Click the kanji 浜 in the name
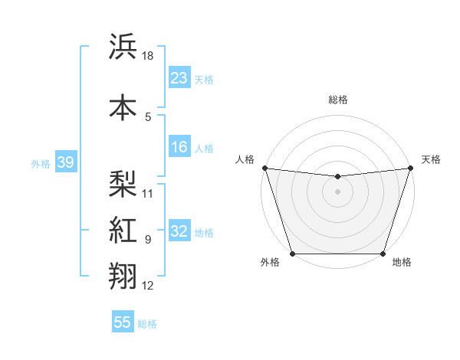(123, 47)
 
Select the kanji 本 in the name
(123, 106)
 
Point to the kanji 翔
(123, 276)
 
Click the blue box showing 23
(179, 78)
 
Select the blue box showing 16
(179, 148)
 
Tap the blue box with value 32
(179, 232)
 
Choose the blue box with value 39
(64, 162)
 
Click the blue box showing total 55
(123, 323)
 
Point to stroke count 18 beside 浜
(149, 56)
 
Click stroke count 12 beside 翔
(149, 286)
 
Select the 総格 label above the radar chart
(338, 100)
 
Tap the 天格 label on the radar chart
(431, 159)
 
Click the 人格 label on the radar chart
(245, 159)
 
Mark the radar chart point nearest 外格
(292, 254)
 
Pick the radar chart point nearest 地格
(383, 254)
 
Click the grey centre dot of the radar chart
(337, 191)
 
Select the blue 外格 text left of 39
(40, 163)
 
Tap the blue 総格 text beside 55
(147, 324)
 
